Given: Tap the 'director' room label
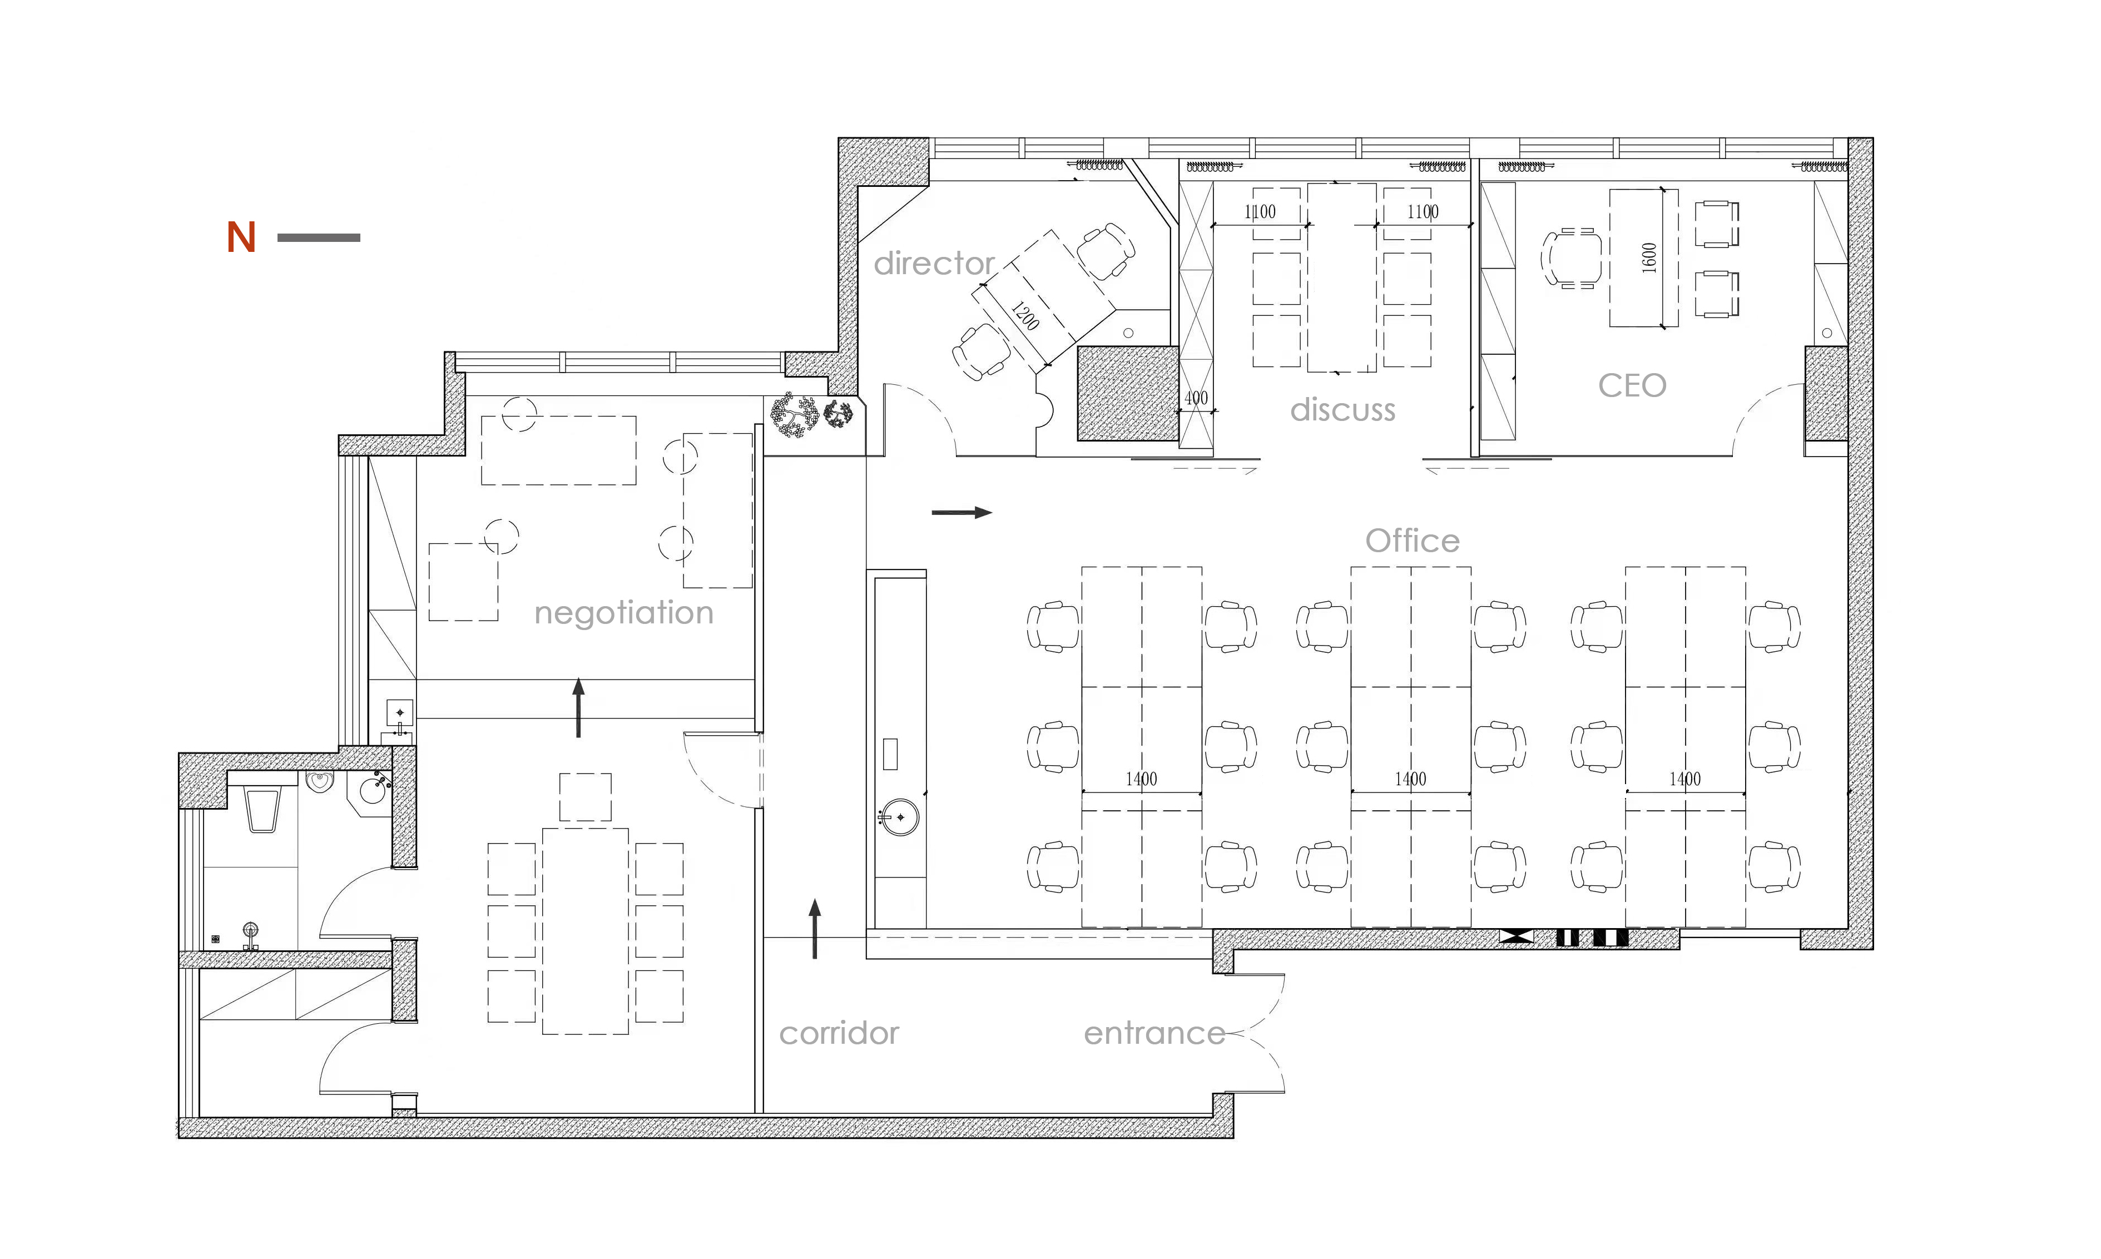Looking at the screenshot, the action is (x=934, y=263).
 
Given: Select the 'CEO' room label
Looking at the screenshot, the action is (x=1632, y=386).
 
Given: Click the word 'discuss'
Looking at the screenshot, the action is (x=1342, y=410).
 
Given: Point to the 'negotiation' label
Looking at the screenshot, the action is (x=623, y=612).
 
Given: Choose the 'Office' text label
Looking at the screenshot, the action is (x=1413, y=541).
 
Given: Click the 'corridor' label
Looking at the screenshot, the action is (x=839, y=1033).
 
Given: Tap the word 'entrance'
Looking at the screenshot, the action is (x=1154, y=1033).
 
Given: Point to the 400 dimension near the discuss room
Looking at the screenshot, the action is (x=1196, y=398).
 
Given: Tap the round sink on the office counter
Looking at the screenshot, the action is (x=900, y=817).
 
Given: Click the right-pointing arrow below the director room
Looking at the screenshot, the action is (x=962, y=512).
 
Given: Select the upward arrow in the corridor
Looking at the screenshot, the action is (x=815, y=929).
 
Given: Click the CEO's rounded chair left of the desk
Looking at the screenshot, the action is (x=1572, y=259).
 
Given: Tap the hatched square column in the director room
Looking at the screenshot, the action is (x=1128, y=393).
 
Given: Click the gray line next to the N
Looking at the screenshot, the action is (x=319, y=237).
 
